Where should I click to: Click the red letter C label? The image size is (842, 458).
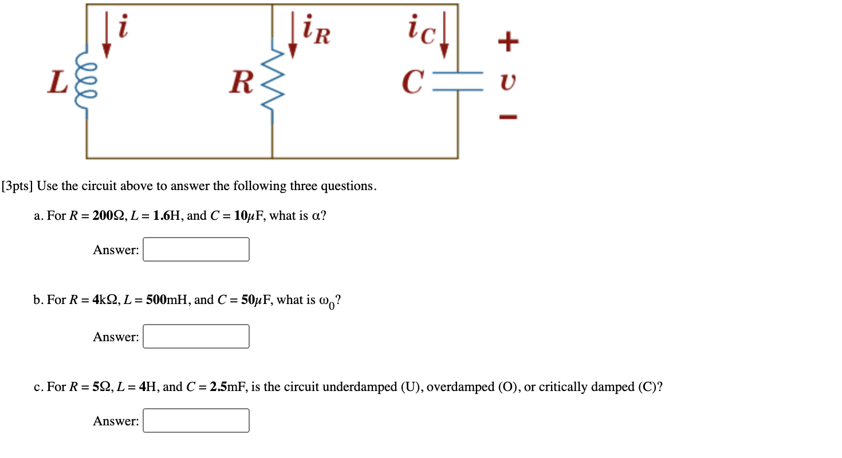[413, 82]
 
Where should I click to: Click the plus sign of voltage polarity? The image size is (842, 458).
[508, 41]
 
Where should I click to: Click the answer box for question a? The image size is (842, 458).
[196, 250]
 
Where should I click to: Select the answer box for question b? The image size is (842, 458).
[196, 337]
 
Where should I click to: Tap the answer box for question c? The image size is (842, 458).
[196, 421]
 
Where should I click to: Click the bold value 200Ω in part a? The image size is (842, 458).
[104, 216]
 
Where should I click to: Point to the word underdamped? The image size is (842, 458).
[356, 387]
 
